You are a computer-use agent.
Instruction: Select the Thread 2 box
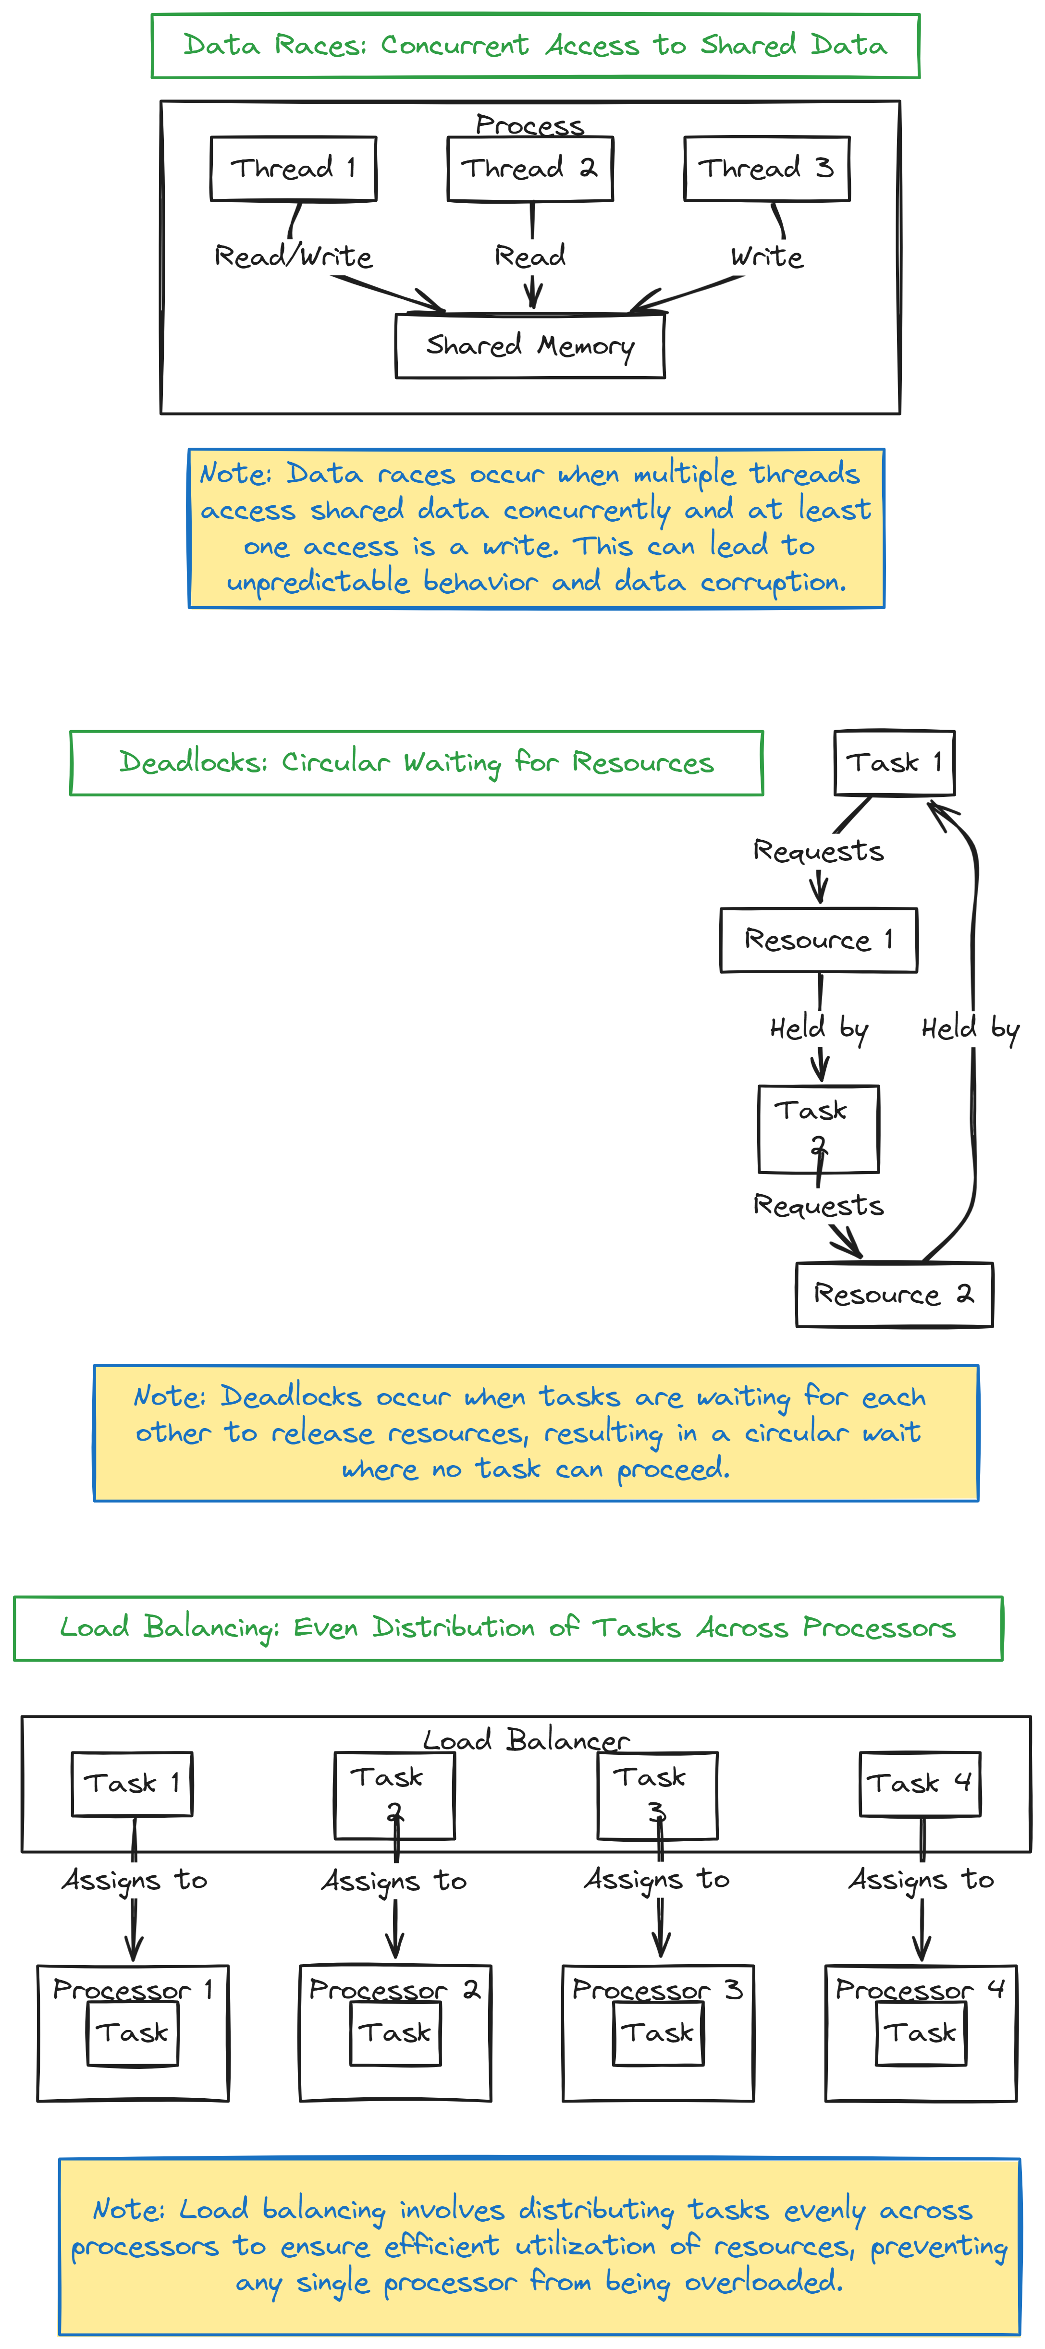point(530,169)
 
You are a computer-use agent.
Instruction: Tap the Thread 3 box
point(766,169)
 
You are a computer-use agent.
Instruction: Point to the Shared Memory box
point(530,345)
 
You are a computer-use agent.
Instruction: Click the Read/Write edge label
point(293,256)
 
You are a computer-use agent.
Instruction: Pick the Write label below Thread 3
point(766,256)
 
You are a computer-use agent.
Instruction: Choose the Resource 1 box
point(818,940)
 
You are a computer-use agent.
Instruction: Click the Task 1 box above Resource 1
point(894,762)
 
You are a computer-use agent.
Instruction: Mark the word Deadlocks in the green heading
point(192,762)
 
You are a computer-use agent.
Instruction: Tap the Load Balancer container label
point(526,1740)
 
